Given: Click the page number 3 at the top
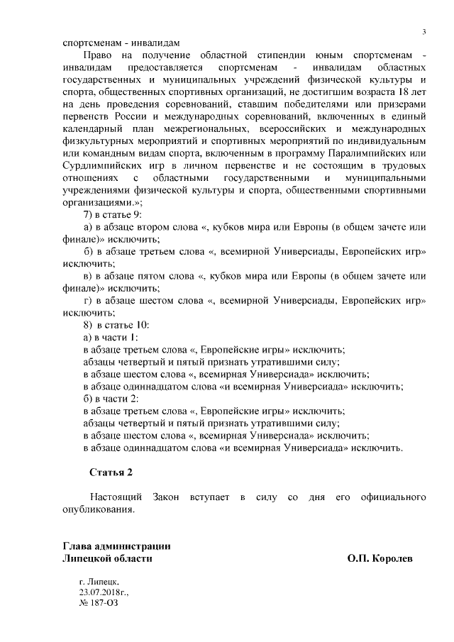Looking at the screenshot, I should click(423, 32).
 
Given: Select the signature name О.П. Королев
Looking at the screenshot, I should click(380, 559).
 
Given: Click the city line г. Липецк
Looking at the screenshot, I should click(99, 580).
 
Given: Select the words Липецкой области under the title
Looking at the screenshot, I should click(108, 559).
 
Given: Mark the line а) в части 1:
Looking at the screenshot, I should click(111, 337).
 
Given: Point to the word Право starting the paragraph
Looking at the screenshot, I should click(97, 54).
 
